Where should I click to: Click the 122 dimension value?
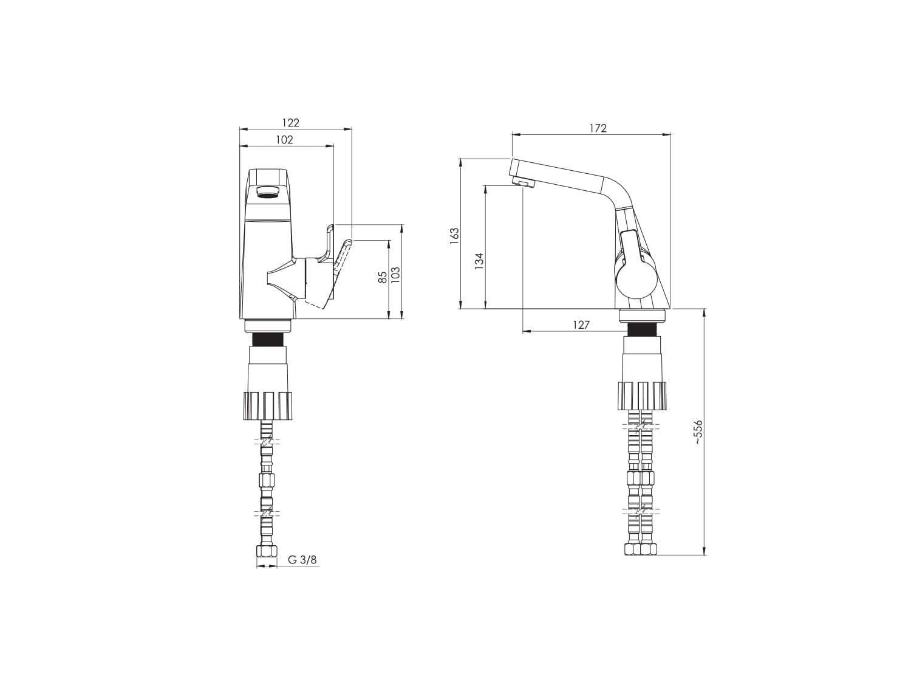click(290, 123)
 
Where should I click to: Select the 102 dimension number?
click(284, 140)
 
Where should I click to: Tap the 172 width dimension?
click(598, 129)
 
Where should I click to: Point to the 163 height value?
click(455, 236)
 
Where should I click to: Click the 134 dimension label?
click(479, 261)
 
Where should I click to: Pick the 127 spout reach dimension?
click(581, 325)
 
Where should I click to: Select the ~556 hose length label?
click(698, 432)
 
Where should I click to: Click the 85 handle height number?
click(383, 277)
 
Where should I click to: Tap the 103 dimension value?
click(395, 275)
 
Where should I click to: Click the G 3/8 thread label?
click(302, 560)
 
